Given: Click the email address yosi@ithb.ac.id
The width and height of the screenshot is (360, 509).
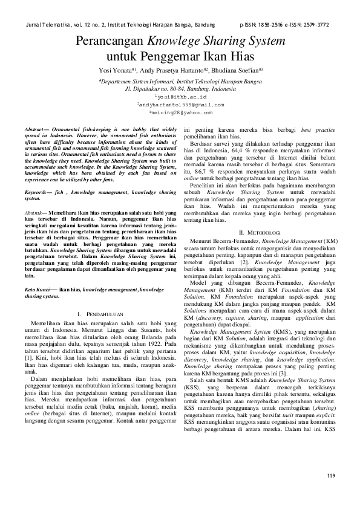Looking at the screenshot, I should (180, 96).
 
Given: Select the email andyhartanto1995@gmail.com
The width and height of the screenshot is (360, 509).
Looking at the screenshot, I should (180, 104).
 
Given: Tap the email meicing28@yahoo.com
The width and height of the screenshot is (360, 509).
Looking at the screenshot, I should (180, 112).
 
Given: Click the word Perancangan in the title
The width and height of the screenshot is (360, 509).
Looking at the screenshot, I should (108, 42).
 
